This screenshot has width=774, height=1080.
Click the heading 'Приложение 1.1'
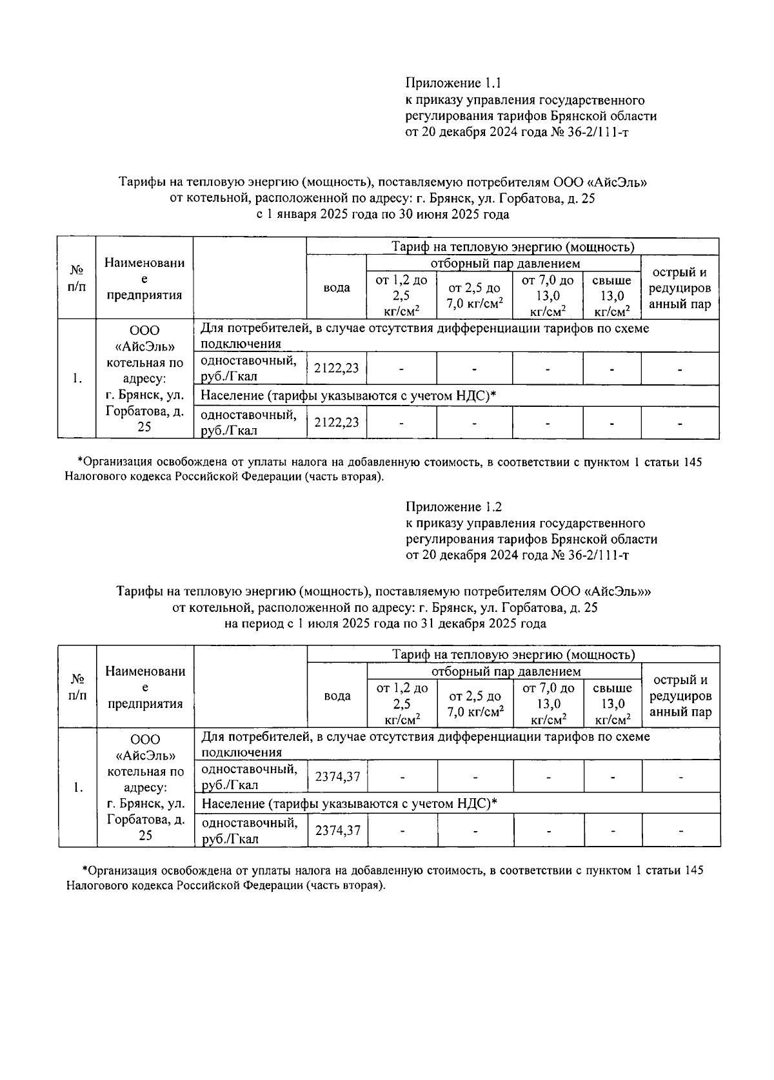pos(453,83)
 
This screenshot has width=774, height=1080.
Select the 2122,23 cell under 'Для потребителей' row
pos(336,369)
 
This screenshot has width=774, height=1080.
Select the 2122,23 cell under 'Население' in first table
pos(336,422)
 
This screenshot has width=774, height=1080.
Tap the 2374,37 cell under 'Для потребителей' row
pos(337,777)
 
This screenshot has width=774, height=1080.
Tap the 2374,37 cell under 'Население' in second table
pos(337,830)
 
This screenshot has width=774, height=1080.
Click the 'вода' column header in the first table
pos(337,288)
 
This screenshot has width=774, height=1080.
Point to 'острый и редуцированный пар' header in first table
pos(679,288)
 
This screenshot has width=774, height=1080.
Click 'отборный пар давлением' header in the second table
pos(506,672)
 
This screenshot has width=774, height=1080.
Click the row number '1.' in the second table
pos(77,787)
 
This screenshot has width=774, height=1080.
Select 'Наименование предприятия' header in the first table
pos(144,279)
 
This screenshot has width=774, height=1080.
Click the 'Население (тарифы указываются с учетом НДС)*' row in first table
pos(348,396)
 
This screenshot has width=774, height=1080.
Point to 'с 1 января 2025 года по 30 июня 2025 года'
pos(383,215)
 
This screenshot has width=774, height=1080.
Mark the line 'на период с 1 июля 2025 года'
pos(385,623)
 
